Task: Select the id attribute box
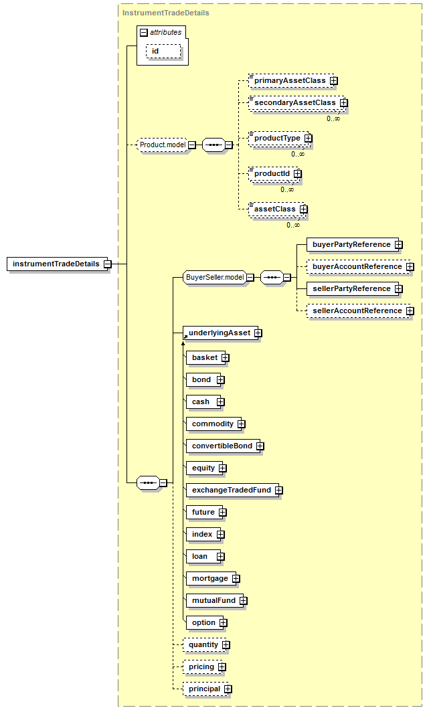pyautogui.click(x=163, y=51)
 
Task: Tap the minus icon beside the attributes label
pyautogui.click(x=144, y=33)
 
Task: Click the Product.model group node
pyautogui.click(x=163, y=145)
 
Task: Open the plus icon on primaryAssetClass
pyautogui.click(x=334, y=80)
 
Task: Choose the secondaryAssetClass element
pyautogui.click(x=296, y=103)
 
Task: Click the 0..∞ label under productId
pyautogui.click(x=286, y=190)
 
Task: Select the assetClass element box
pyautogui.click(x=276, y=209)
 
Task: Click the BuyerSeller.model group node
pyautogui.click(x=216, y=277)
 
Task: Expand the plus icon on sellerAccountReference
pyautogui.click(x=410, y=311)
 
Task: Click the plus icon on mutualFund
pyautogui.click(x=244, y=601)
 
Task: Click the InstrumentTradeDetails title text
pyautogui.click(x=166, y=13)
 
